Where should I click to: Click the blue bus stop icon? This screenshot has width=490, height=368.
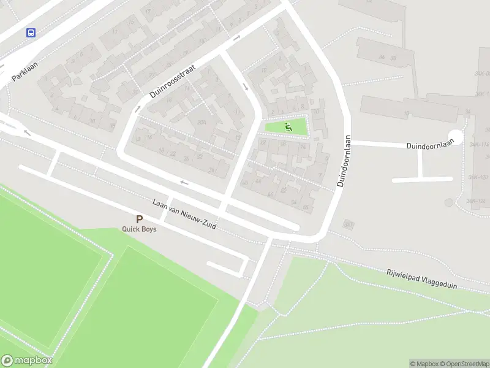[x=31, y=33]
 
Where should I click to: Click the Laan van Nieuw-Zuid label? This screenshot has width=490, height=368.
[x=184, y=214]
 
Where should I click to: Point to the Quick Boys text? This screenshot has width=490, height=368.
[x=139, y=229]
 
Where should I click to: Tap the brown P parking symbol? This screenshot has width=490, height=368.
[x=139, y=219]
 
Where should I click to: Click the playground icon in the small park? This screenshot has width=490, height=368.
[x=288, y=127]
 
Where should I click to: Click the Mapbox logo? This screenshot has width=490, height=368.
[x=26, y=361]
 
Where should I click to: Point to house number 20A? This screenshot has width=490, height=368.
[x=202, y=122]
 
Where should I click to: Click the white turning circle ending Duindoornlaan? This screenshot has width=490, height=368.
[x=456, y=137]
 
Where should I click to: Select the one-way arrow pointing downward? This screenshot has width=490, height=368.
[x=245, y=86]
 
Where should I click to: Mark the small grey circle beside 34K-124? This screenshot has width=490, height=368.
[x=450, y=202]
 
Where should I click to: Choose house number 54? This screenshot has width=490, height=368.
[x=294, y=202]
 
